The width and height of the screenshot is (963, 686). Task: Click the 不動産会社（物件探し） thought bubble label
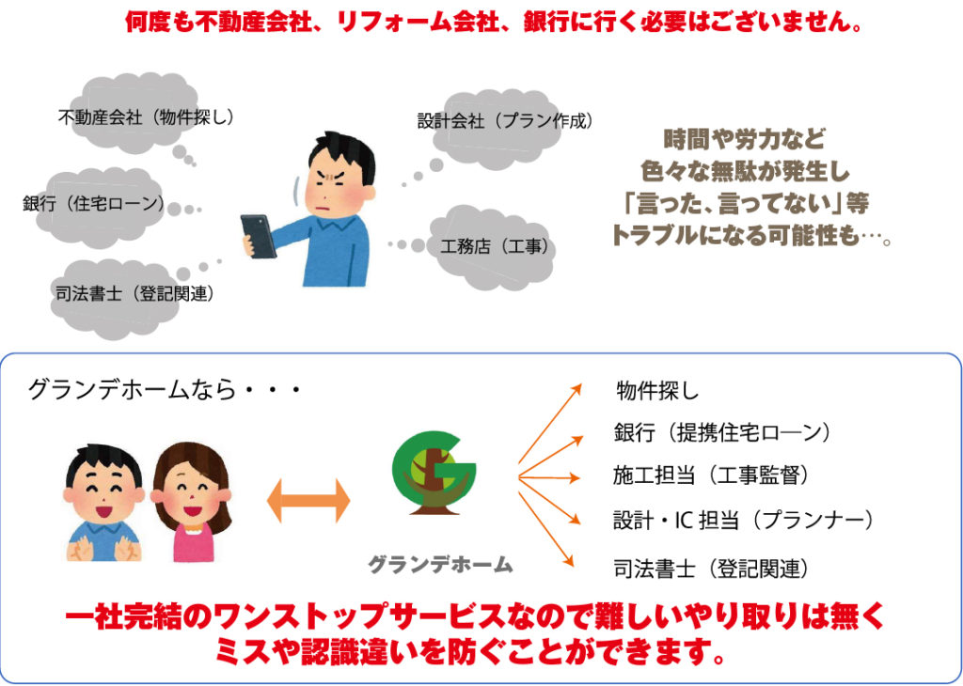pos(146,117)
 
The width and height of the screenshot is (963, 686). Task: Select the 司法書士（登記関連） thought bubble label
pos(135,294)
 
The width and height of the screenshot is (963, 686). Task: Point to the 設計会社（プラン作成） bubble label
pos(506,121)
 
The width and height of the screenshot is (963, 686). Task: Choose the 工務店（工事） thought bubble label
pos(495,246)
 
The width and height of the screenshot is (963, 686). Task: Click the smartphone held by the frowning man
pos(259,236)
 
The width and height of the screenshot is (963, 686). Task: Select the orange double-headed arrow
pos(308,501)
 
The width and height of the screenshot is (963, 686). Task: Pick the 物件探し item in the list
pos(657,391)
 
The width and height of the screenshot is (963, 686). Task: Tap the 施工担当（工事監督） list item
pos(711,475)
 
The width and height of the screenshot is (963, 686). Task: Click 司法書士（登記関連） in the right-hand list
pos(711,569)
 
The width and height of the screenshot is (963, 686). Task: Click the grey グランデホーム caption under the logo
pos(440,565)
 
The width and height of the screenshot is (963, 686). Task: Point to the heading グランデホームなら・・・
pos(164,390)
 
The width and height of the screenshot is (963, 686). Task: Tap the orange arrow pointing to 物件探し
pos(549,424)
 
